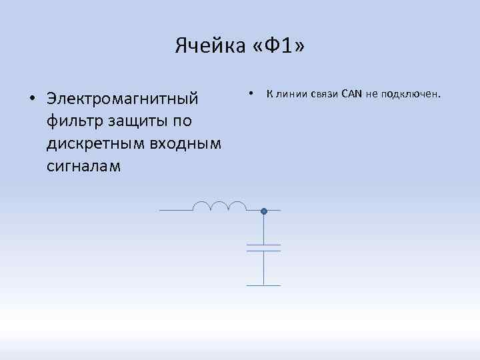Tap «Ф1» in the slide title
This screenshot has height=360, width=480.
279,46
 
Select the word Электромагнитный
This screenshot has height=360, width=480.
123,99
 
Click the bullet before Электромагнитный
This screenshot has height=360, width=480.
32,99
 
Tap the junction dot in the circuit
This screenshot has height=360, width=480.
264,211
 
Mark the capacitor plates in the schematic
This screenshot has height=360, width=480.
264,248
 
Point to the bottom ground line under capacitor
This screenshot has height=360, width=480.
264,285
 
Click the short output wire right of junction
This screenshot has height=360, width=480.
273,211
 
